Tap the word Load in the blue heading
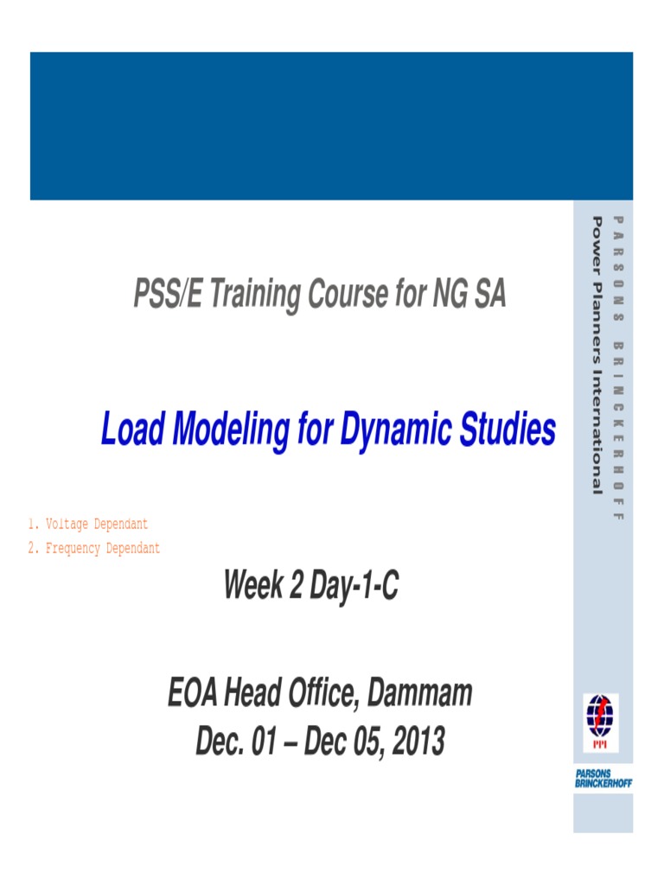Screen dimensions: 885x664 pos(130,430)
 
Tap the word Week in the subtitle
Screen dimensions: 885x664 pos(253,587)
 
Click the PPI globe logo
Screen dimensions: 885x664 pos(597,714)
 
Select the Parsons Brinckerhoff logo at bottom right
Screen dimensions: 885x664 pos(603,777)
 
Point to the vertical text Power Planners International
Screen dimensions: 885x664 pos(597,355)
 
